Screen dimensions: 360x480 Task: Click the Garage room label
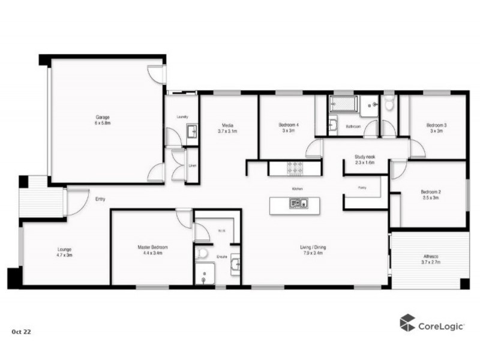pos(101,116)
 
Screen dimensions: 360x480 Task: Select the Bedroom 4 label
pos(289,125)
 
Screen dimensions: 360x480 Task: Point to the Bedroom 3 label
pos(436,125)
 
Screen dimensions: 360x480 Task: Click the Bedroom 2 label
pos(431,192)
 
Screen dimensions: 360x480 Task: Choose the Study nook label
pos(365,157)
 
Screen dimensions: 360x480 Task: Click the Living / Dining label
pos(313,247)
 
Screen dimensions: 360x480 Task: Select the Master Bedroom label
pos(152,247)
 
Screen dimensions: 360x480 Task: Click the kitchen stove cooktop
pos(296,169)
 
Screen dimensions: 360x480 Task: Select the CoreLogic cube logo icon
pos(407,322)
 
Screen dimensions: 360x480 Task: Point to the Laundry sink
pos(191,131)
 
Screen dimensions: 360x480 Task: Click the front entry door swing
pos(76,202)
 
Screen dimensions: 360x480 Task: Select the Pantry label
pos(362,188)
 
